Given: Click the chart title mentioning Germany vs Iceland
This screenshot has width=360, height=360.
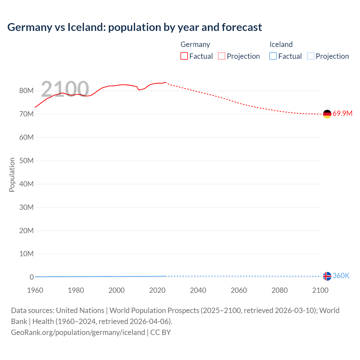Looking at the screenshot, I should point(134,27).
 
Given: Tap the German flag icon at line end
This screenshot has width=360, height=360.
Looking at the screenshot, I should point(327,114).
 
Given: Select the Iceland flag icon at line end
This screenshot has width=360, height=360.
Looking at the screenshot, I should point(327,276).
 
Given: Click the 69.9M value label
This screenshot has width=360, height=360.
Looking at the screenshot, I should point(342,114).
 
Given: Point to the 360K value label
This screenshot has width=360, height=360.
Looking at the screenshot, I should point(341,276).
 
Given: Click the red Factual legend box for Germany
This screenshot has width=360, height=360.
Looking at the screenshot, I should point(184,56).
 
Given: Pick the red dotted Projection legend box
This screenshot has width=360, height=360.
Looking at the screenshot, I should point(222,56).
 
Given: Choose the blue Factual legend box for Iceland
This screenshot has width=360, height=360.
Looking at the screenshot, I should point(273,56).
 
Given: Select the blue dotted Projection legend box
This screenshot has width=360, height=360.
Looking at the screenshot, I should point(310,56).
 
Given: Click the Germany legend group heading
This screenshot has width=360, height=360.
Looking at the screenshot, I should point(195,44).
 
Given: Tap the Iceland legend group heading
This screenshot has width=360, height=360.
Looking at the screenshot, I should point(281,44).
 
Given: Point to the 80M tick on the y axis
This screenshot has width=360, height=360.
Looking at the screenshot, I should point(26,91).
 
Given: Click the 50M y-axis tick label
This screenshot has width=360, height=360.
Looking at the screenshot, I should point(26,161).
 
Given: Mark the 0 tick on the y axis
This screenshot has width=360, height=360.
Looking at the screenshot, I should point(31,277).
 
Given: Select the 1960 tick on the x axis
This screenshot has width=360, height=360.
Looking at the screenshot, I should point(35,290).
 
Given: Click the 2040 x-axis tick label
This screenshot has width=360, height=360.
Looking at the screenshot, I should point(198,290).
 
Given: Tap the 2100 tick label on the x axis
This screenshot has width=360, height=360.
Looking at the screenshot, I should point(320,290).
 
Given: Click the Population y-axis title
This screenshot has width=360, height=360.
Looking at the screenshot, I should point(12,175).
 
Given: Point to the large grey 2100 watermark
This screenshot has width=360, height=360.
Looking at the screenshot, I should point(65,89).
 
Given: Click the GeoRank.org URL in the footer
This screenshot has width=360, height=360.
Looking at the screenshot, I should point(78,332).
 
